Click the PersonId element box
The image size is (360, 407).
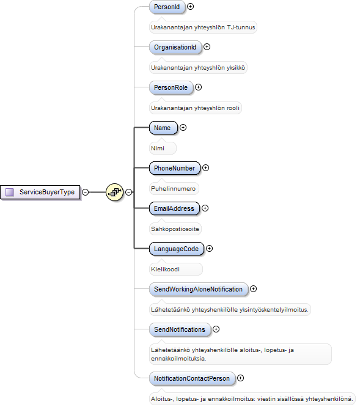tap(167, 7)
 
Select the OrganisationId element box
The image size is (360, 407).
tap(175, 47)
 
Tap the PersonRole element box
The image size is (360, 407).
tap(171, 87)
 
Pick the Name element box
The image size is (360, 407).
tap(163, 128)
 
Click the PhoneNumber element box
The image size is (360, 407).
tap(175, 168)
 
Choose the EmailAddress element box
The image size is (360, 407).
tap(174, 208)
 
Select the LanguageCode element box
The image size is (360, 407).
tap(177, 249)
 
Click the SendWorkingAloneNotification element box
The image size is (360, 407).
tap(199, 289)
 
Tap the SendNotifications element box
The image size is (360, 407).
tap(180, 329)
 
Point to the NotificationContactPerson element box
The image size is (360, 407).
tap(192, 378)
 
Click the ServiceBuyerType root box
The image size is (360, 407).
tap(40, 193)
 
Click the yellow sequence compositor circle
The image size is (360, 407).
tap(114, 192)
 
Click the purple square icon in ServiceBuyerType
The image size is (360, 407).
tap(10, 192)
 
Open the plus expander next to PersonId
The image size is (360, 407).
tap(190, 7)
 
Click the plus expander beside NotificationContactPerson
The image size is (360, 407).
tap(240, 378)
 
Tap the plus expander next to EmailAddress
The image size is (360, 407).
tap(205, 208)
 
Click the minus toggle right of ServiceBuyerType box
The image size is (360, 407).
tap(85, 192)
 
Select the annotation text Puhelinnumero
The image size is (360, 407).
tap(173, 189)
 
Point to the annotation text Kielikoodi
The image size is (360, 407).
tap(165, 269)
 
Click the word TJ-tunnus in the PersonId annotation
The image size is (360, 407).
tap(241, 28)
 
